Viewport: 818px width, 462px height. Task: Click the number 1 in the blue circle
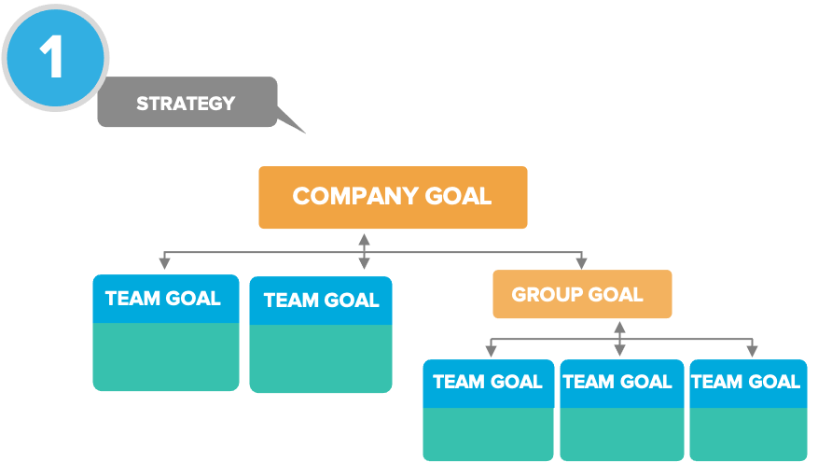(x=52, y=57)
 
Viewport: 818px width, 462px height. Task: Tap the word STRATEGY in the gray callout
(x=186, y=103)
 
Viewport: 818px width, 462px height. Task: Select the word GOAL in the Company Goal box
(x=457, y=196)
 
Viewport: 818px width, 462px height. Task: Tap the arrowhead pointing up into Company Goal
(x=364, y=237)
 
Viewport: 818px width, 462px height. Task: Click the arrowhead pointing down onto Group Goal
(x=582, y=263)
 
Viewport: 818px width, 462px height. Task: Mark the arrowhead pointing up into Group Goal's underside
(x=619, y=326)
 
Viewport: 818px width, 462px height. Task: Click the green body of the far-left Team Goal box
(x=166, y=357)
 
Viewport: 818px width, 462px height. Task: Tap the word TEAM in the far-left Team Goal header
(x=132, y=299)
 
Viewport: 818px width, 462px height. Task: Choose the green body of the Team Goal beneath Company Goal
(x=321, y=358)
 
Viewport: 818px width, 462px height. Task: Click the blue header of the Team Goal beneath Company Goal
(x=321, y=301)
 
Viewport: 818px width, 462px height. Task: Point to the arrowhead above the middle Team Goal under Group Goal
(x=619, y=351)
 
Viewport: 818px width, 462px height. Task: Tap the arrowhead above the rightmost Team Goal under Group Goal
(x=751, y=351)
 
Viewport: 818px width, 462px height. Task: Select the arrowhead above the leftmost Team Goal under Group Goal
(x=491, y=351)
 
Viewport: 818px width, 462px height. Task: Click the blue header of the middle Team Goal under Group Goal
(x=617, y=383)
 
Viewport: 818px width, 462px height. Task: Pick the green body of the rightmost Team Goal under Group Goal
(x=748, y=434)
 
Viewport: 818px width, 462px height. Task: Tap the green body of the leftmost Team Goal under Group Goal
(x=488, y=434)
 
